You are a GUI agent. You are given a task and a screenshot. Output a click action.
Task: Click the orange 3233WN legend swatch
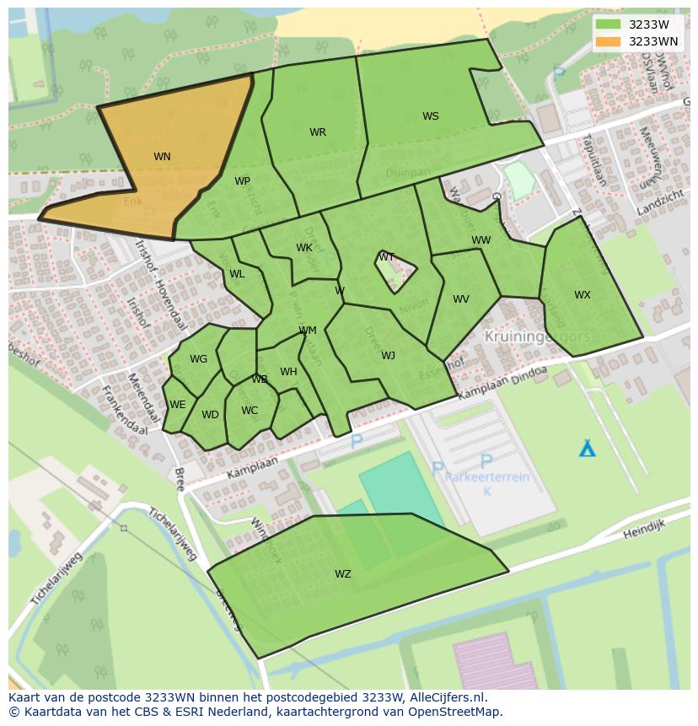(607, 41)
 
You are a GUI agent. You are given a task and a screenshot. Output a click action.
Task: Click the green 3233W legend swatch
(607, 24)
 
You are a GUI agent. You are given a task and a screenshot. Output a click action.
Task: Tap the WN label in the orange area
(162, 156)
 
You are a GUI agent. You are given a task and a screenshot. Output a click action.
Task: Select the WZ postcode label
(342, 574)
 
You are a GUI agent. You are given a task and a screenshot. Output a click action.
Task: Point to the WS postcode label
(430, 116)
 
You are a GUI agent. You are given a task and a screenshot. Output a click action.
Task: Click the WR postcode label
(317, 132)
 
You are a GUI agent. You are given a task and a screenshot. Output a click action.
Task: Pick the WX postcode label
(582, 295)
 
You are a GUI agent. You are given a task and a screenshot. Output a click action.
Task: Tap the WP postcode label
(242, 181)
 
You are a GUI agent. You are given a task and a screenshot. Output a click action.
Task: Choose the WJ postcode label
(388, 356)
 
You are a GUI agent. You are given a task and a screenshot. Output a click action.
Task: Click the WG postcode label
(198, 359)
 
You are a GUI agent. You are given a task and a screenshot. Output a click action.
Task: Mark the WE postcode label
(177, 405)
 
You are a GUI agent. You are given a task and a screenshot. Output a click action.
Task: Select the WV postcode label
(460, 299)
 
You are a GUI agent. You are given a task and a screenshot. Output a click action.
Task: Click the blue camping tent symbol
(587, 448)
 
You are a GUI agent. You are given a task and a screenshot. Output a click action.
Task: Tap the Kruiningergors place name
(537, 336)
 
